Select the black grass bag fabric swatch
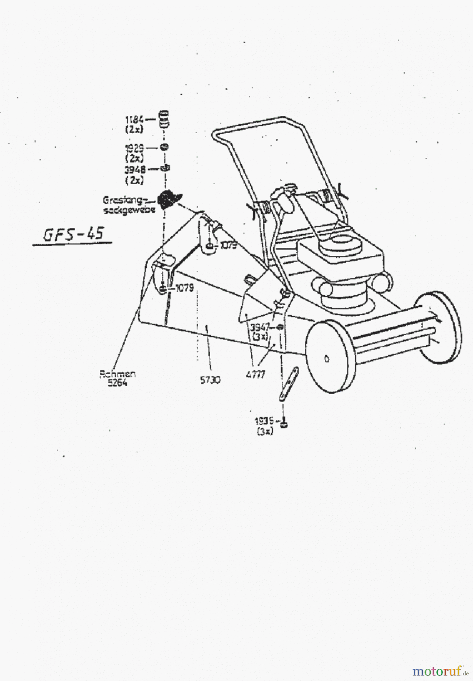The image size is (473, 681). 169,199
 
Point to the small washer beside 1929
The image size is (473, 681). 165,147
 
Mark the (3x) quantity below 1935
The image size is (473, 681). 265,432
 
